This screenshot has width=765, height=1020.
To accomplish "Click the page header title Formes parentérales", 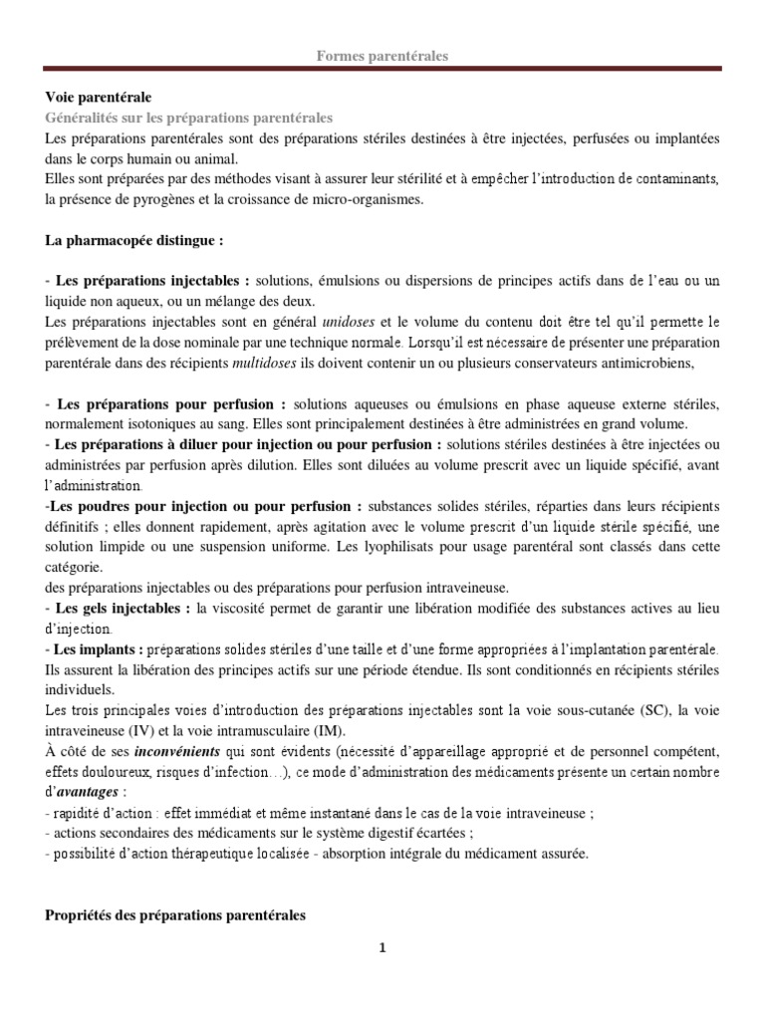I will [x=382, y=57].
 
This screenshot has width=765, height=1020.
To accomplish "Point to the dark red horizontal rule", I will [x=382, y=70].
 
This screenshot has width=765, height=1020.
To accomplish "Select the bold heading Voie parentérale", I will [x=99, y=98].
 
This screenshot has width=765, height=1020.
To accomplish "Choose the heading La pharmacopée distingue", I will [x=134, y=240].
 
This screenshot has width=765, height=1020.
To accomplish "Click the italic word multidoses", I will [x=263, y=363].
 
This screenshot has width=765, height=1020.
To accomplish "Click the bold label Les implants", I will [x=100, y=648].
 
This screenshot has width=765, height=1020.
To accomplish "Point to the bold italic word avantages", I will [x=88, y=791].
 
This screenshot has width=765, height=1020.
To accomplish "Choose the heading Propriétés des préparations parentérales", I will [x=175, y=913].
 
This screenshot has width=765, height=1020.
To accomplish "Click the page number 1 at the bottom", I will [x=382, y=947].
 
